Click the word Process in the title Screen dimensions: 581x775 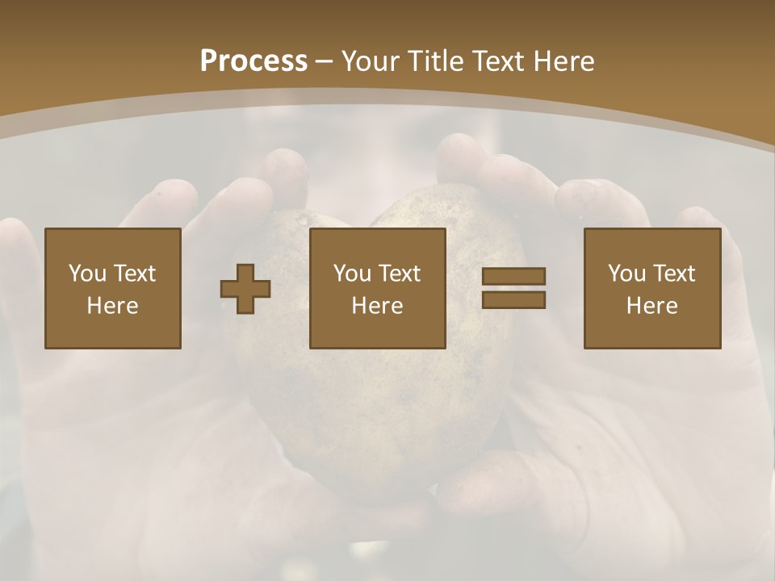pos(253,61)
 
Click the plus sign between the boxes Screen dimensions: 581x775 pos(245,289)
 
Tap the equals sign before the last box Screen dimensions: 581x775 pos(513,288)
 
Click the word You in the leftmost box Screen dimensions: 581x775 pos(87,274)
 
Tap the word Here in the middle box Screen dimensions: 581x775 pos(378,306)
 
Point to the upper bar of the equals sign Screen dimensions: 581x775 pos(513,277)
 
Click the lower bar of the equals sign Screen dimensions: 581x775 pos(513,299)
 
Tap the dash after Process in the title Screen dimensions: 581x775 pos(325,61)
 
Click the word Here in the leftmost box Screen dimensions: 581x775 pos(113,306)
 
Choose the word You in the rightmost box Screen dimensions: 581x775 pos(626,274)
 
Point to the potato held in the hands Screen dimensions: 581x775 pos(379,403)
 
